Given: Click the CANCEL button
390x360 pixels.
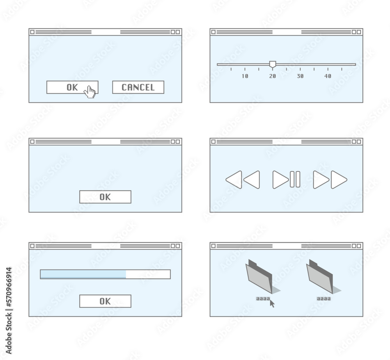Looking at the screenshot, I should click(x=138, y=87).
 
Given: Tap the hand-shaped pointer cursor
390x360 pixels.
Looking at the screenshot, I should click(x=90, y=92).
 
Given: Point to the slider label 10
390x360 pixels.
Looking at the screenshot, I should click(x=245, y=76).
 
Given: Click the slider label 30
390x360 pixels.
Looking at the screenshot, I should click(x=300, y=76).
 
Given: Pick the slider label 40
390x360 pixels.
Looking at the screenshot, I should click(x=328, y=76).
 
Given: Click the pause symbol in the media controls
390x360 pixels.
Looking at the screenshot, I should click(x=295, y=180).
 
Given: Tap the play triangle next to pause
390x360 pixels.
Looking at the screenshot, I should click(x=280, y=180).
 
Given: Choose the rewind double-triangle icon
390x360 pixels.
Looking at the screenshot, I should click(x=243, y=180).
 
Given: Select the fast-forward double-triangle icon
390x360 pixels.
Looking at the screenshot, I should click(x=330, y=180).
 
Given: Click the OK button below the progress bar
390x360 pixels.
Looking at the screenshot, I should click(x=105, y=301).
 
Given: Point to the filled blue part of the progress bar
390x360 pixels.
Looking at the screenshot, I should click(x=83, y=274).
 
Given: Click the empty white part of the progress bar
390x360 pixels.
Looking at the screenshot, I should click(x=148, y=274).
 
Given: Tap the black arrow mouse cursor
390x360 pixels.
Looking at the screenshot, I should click(x=272, y=303).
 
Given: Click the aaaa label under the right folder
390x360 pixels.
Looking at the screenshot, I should click(x=324, y=299).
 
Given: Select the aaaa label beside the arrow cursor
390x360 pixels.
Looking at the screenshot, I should click(x=262, y=299).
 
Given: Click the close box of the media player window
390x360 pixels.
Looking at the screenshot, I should click(x=213, y=141).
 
